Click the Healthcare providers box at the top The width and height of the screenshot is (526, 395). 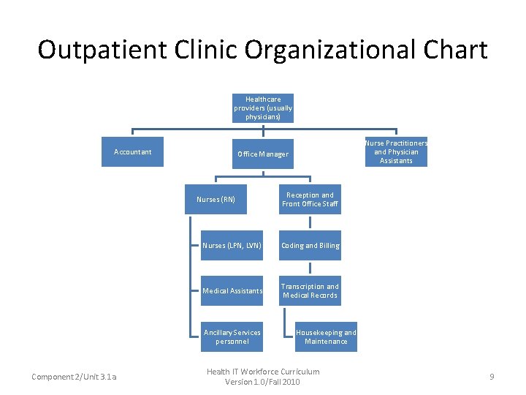point(263,108)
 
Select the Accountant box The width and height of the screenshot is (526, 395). point(132,152)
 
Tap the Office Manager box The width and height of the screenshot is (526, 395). point(263,154)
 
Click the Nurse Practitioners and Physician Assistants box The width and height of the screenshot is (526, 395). point(396,152)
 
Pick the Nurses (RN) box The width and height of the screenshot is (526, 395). point(216,199)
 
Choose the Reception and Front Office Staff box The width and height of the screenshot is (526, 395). point(310,199)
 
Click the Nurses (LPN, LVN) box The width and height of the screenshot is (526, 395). point(232,246)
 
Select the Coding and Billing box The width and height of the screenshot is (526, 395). point(310,246)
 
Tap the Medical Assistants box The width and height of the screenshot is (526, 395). point(232,291)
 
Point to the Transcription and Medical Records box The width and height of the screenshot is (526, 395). point(310,291)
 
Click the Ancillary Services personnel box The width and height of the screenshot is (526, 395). point(232,337)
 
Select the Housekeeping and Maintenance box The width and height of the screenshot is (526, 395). point(326,337)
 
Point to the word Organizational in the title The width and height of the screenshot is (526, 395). point(327,50)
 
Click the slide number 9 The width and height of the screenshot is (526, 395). point(492,377)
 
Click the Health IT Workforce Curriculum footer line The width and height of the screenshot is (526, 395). point(263,372)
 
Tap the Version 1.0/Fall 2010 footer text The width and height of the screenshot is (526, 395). point(263,382)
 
